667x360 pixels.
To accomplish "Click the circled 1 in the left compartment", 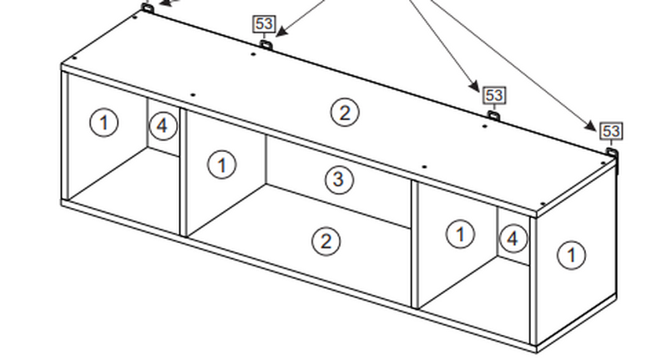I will click(104, 123).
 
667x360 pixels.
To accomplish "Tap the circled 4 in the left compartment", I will click(163, 126).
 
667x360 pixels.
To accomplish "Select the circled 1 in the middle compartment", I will click(221, 165).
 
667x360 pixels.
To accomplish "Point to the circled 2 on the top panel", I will click(345, 111).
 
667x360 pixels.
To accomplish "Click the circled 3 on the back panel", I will click(337, 179).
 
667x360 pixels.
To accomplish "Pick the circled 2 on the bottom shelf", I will click(326, 241).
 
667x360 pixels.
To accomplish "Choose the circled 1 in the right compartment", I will click(460, 234).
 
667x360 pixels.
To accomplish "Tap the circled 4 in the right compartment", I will click(513, 239).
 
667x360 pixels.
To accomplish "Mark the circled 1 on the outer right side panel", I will click(571, 254).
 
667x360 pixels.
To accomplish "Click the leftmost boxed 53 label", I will click(264, 23).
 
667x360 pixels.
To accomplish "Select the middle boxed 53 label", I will click(493, 95).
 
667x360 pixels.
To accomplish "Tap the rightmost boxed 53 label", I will click(610, 131).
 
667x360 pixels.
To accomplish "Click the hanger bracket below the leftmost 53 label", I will click(265, 44).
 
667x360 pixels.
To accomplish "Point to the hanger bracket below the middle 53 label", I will click(493, 116).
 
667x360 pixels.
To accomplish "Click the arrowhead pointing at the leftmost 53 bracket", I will click(280, 34).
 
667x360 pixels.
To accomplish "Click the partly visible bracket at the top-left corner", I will click(147, 8).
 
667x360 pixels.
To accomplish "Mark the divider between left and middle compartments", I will click(182, 171).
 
